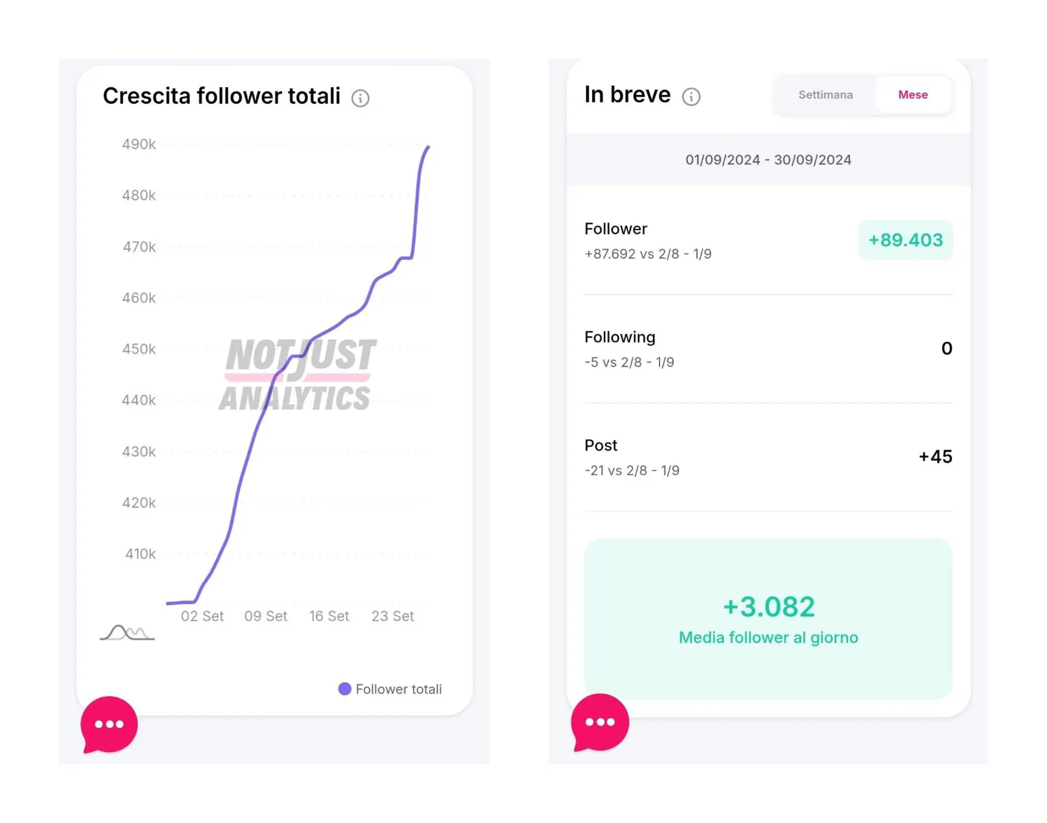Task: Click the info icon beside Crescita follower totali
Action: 360,98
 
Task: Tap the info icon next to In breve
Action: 691,96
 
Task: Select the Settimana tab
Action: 825,95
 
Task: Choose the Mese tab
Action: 912,95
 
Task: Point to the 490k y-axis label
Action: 139,144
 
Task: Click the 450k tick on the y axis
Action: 139,349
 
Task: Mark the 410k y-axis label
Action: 140,554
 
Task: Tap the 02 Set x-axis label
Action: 202,616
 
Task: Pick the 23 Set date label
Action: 393,616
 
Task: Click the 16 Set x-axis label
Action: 329,616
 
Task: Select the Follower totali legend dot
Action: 344,689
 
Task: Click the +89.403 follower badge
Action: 905,240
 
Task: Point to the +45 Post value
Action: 935,457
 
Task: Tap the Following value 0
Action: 946,349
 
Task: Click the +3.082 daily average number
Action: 768,607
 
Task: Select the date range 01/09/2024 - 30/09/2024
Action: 768,160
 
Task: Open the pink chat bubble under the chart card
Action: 109,725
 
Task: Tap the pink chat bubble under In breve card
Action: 599,722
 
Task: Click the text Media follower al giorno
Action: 768,638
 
